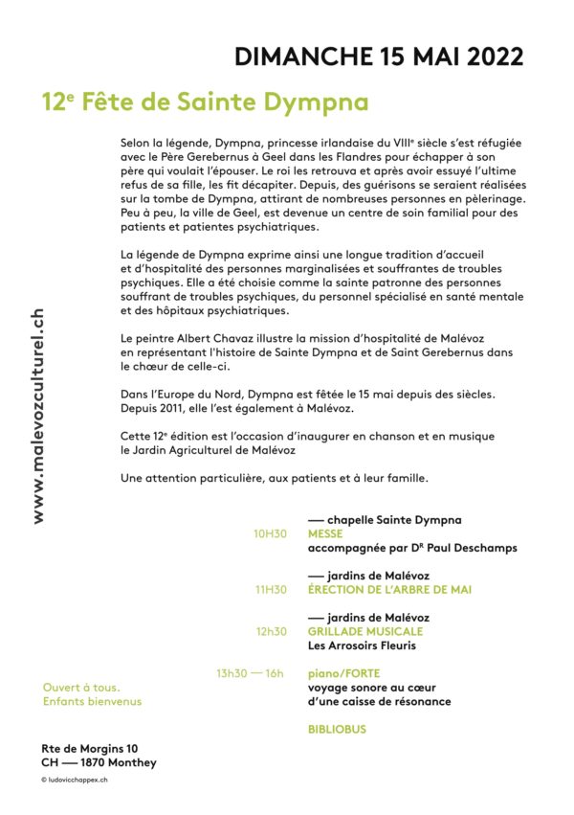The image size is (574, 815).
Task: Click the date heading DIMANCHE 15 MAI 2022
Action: [379, 57]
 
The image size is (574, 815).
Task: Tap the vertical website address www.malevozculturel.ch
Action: [38, 416]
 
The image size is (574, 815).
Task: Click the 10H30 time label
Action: [270, 534]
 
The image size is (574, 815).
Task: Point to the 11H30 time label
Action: [271, 590]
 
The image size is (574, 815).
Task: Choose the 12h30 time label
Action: [271, 631]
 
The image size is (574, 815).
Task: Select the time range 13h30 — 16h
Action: [250, 673]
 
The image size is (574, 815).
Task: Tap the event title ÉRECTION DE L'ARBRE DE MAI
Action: [389, 590]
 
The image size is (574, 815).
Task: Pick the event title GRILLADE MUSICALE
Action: [365, 631]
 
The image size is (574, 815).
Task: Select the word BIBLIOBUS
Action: [337, 729]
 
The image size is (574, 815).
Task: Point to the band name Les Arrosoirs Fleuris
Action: [364, 645]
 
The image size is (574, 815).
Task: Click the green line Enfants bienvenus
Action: [92, 701]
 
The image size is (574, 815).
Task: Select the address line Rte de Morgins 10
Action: [90, 748]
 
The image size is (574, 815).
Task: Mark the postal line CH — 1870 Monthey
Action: [99, 762]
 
